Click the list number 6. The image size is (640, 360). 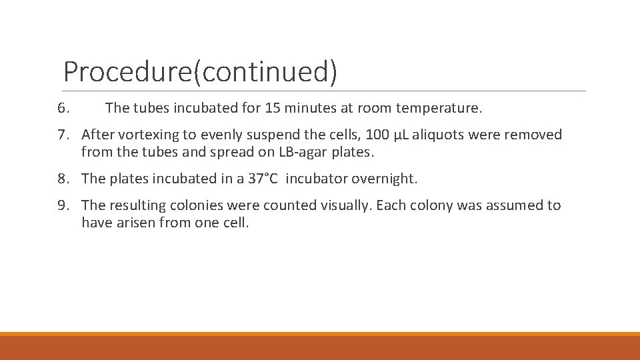pos(63,107)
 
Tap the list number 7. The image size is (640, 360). pos(63,135)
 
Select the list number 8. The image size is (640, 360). pos(63,179)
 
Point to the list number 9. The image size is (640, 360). pos(63,205)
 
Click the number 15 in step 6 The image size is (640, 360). pos(272,107)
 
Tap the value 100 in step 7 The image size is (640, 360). pos(377,135)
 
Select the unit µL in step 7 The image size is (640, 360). pos(402,135)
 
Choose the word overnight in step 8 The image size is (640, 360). pos(385,179)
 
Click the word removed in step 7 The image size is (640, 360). pos(533,135)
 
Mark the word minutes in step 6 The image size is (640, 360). pos(310,107)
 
